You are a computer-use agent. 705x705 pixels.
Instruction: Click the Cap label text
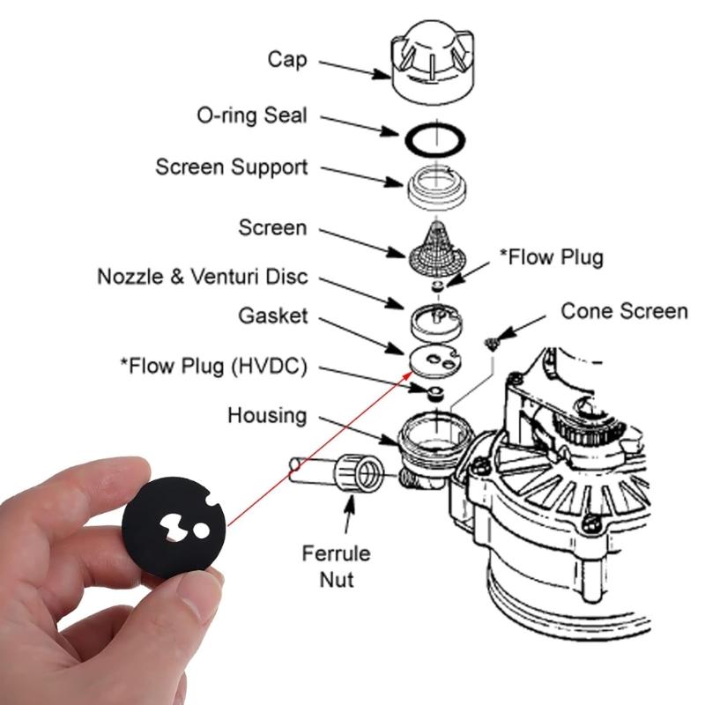point(288,60)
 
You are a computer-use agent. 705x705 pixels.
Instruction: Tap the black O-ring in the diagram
point(434,139)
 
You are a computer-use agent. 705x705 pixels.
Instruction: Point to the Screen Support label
point(231,167)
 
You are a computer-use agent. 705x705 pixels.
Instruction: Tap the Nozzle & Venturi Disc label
point(202,277)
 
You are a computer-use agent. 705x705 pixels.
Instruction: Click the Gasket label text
point(272,315)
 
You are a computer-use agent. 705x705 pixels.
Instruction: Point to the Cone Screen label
point(624,311)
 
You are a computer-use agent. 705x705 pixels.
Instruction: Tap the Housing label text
point(267,414)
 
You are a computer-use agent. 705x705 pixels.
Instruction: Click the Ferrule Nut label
point(336,566)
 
